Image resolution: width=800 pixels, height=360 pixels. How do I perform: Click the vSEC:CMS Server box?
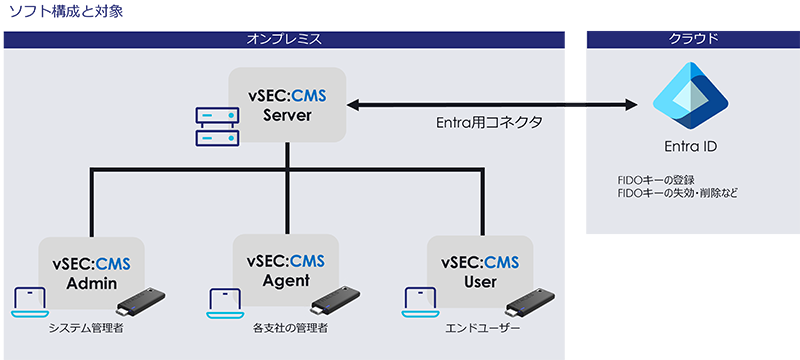click(x=287, y=105)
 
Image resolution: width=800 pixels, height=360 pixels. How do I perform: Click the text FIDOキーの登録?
click(x=655, y=180)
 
